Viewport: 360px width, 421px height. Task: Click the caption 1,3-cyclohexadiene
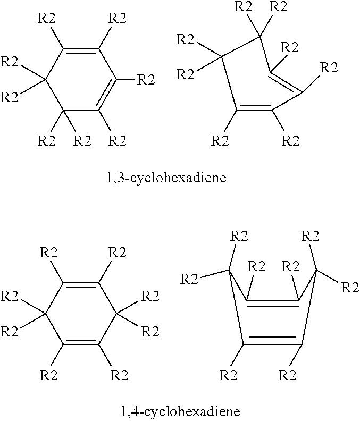click(x=166, y=178)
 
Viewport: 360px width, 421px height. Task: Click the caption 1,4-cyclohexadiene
click(x=180, y=411)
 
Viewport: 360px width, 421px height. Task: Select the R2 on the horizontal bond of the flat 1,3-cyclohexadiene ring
click(x=146, y=80)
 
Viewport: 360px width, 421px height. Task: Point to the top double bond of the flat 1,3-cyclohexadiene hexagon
click(x=81, y=50)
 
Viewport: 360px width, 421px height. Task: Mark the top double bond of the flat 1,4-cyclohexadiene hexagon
click(x=81, y=285)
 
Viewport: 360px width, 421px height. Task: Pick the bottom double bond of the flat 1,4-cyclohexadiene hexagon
click(x=81, y=342)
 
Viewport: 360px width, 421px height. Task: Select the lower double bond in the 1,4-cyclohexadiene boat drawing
click(x=273, y=340)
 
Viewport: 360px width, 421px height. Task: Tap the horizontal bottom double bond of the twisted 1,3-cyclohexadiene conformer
click(x=254, y=108)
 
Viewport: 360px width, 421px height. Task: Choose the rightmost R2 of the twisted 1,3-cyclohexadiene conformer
click(x=329, y=68)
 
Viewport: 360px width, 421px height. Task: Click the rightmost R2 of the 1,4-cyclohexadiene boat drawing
click(x=350, y=287)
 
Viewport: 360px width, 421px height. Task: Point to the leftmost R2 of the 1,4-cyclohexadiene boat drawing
click(x=189, y=279)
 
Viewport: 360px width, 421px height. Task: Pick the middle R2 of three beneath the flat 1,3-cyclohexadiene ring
click(x=82, y=140)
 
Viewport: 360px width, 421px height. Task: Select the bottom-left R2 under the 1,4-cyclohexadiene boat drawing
click(x=228, y=375)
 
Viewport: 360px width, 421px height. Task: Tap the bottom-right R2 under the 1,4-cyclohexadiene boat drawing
click(x=287, y=375)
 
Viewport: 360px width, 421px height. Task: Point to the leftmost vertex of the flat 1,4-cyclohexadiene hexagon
click(x=45, y=313)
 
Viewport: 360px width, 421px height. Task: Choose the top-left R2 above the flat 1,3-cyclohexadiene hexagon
click(x=46, y=19)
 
